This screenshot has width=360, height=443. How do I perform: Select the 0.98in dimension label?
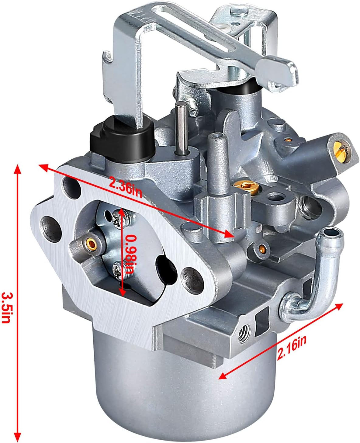click(132, 253)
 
